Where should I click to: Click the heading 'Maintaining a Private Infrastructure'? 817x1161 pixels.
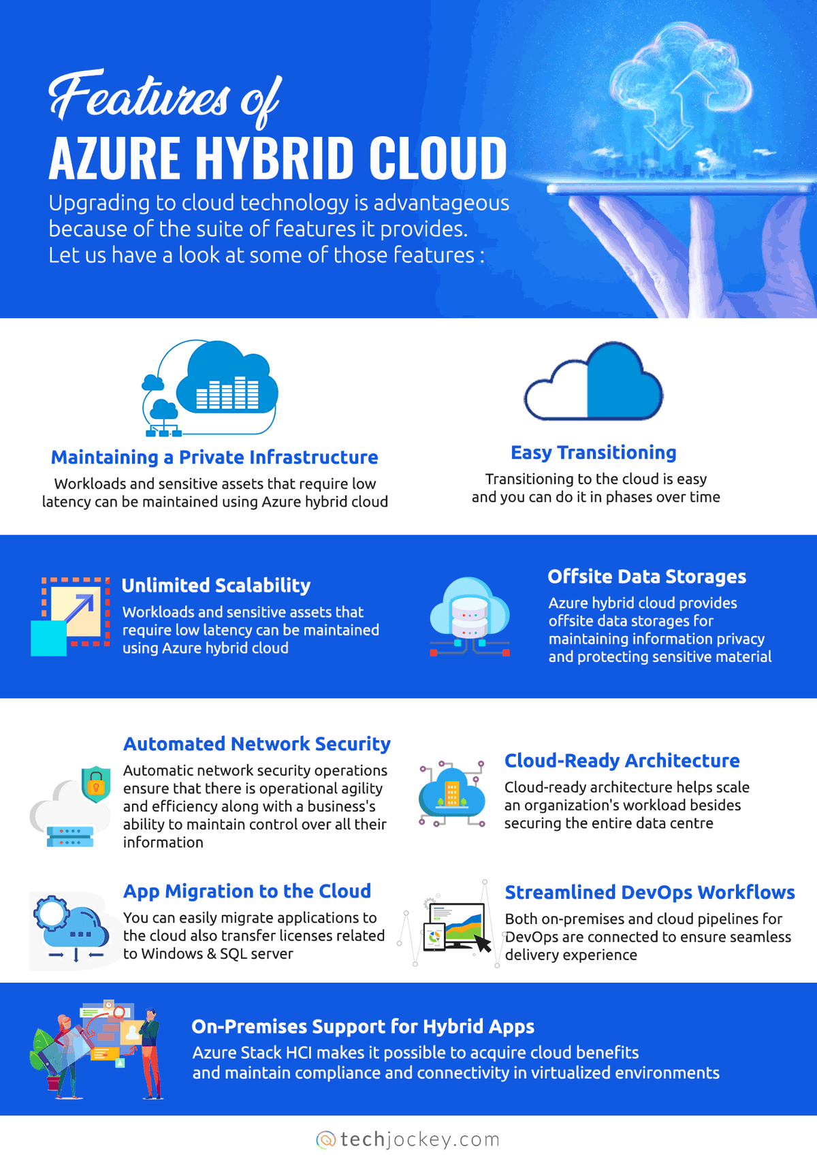214,457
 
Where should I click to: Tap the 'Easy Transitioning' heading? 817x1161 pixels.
594,452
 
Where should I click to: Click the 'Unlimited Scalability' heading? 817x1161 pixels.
216,585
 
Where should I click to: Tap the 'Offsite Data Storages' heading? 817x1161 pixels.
647,576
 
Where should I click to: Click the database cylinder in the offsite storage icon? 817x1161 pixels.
469,618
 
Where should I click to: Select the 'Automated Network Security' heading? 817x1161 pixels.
257,744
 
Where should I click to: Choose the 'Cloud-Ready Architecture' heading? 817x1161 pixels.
622,761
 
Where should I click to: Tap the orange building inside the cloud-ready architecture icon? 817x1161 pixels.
452,793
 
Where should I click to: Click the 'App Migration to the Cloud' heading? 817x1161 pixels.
247,891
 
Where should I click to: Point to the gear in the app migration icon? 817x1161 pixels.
51,914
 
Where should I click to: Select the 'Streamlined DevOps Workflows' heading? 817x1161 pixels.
650,892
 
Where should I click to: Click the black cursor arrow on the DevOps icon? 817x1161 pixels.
483,944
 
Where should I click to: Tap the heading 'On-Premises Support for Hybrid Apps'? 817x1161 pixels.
363,1026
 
